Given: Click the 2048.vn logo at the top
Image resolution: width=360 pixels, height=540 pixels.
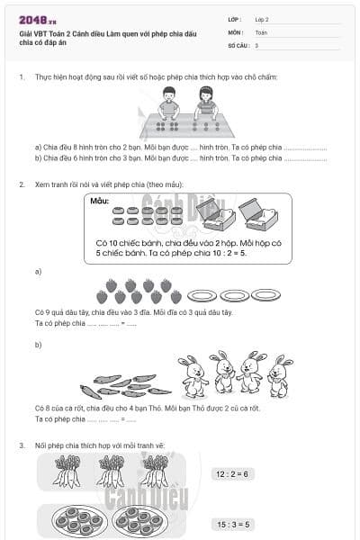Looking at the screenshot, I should tap(38, 19).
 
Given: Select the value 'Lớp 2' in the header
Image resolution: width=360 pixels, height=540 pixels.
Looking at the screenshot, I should tap(262, 19).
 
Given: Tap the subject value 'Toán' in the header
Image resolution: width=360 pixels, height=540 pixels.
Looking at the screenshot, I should tap(261, 31).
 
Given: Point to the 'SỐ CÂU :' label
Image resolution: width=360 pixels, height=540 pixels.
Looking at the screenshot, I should tap(238, 44).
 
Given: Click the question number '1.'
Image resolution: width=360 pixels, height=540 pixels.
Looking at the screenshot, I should tap(22, 77).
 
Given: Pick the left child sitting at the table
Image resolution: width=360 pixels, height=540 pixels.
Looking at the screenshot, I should tap(168, 103).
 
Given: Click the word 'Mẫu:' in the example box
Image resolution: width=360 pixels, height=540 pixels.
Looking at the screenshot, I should tap(100, 202).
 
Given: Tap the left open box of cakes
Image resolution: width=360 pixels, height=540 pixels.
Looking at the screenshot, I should tap(216, 215).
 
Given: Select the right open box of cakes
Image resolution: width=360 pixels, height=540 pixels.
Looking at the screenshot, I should tap(257, 214).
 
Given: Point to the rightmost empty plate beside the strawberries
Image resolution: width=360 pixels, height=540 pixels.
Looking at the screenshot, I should tap(265, 294).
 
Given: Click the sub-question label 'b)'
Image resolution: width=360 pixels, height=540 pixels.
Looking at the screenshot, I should tap(38, 345).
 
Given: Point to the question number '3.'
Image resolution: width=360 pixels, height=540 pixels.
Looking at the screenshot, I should tap(22, 445).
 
